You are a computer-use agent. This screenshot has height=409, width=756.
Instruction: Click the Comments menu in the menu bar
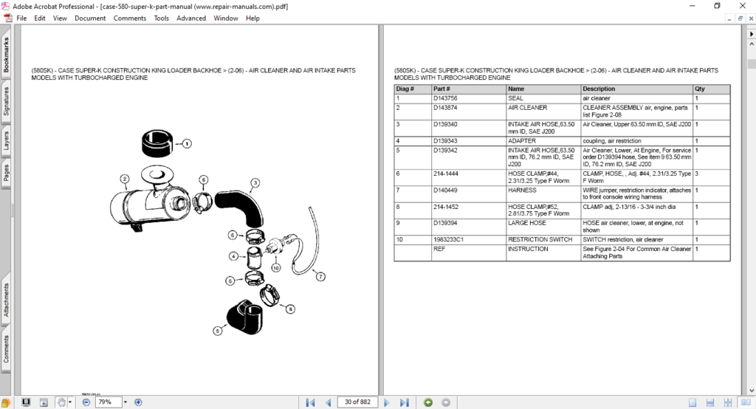[129, 18]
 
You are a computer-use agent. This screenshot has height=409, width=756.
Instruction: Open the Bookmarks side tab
[6, 56]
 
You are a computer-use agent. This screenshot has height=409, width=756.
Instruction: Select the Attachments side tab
[6, 299]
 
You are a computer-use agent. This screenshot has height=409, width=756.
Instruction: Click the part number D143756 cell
[445, 98]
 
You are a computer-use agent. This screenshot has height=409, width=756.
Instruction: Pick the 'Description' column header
[598, 89]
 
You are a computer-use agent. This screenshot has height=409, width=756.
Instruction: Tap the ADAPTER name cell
[522, 140]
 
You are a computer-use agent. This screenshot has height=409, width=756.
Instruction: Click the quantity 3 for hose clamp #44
[697, 173]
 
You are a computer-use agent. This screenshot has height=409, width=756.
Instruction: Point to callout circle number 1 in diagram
[188, 144]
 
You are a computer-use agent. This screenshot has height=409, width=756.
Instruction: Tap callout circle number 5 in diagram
[218, 331]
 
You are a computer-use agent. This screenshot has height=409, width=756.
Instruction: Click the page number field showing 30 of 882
[357, 402]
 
